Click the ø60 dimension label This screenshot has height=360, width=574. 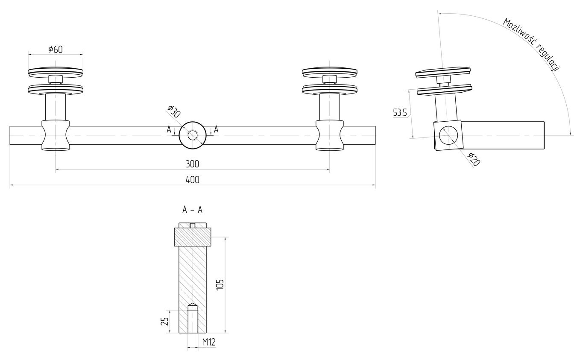point(56,49)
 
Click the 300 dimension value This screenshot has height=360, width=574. point(192,164)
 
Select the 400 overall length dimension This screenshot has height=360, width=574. point(192,180)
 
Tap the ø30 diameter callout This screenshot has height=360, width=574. point(174,111)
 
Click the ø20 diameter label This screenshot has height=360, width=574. point(474,159)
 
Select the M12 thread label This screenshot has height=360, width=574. point(208,342)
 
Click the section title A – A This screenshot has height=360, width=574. point(192,210)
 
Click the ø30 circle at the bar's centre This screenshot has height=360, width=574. point(192,135)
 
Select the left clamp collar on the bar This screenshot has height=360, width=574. point(56,135)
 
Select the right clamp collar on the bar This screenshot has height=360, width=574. point(329,135)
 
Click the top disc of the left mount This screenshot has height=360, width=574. point(56,71)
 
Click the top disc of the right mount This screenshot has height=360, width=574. point(329,71)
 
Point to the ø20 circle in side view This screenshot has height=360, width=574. point(448,135)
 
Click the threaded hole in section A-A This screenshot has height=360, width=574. point(192,319)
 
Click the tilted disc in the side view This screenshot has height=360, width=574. point(443,71)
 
